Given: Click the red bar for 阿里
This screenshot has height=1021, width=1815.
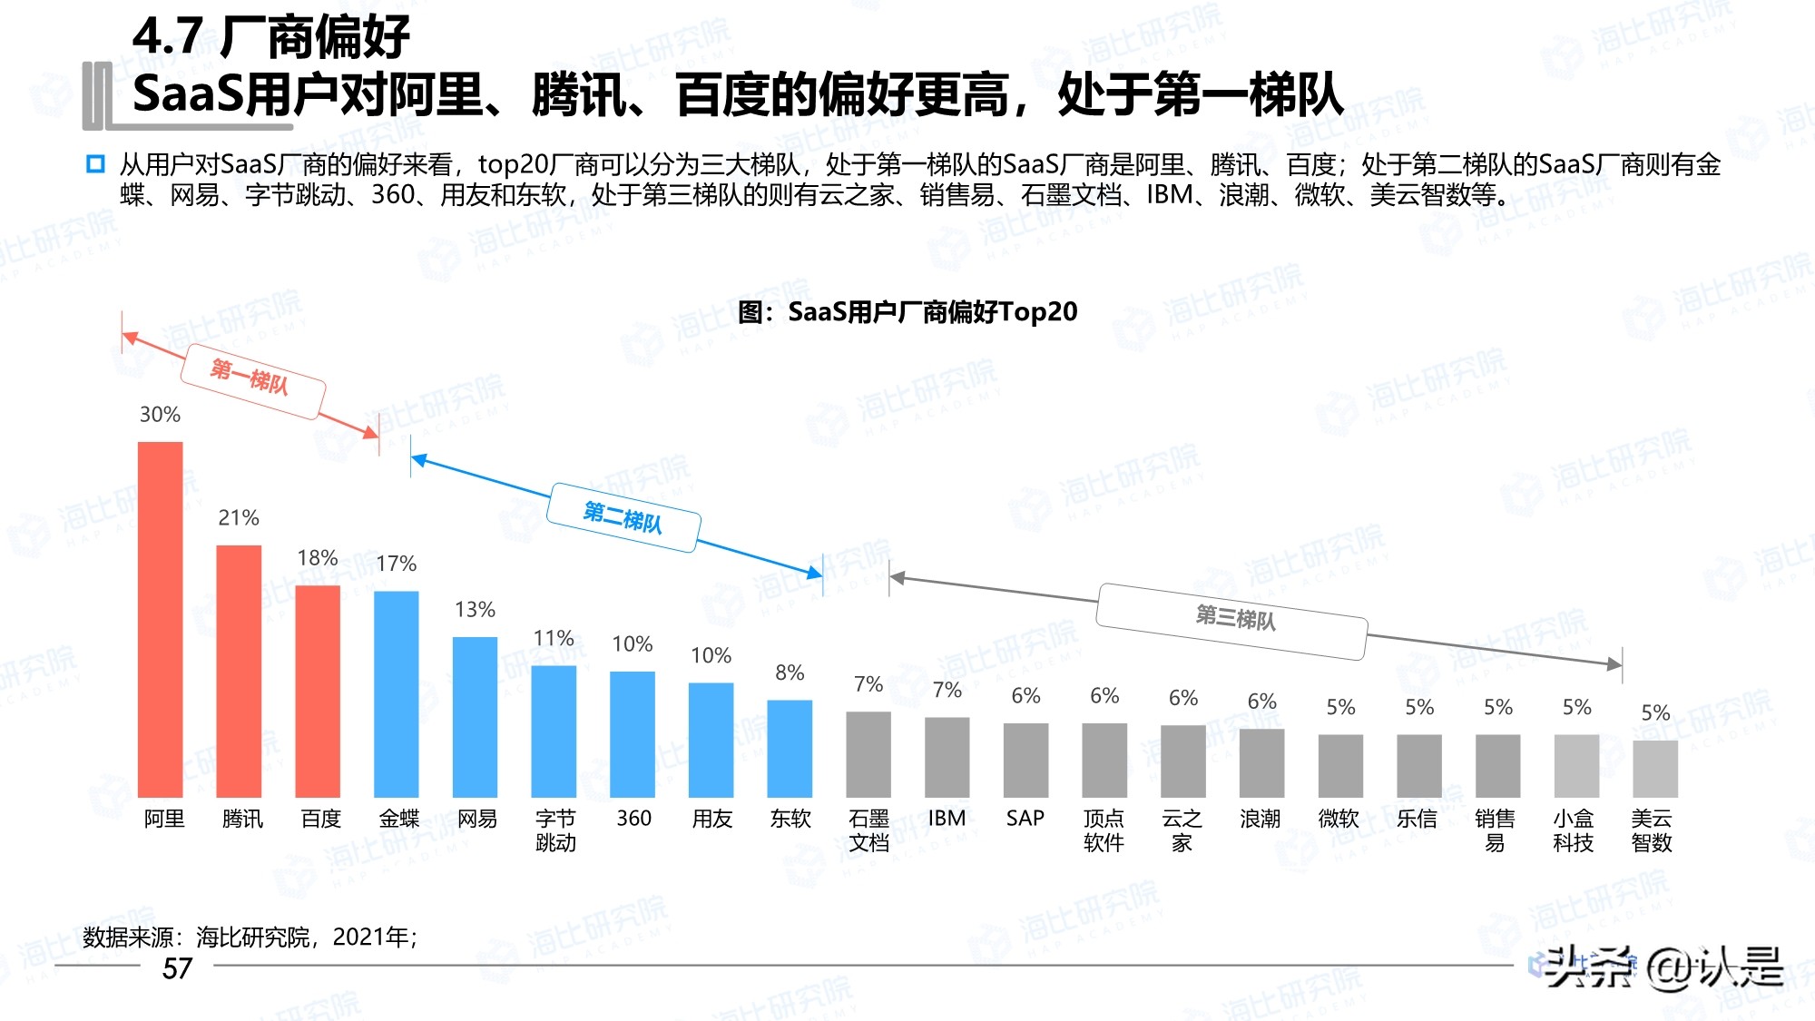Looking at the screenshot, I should tap(161, 620).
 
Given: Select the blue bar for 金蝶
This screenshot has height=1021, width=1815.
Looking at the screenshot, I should tap(397, 694).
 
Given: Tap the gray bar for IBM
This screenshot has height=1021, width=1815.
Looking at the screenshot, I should tap(947, 758).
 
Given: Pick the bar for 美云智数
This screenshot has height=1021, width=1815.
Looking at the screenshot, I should tap(1655, 769).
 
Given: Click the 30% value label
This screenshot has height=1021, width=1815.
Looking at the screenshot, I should tap(160, 415).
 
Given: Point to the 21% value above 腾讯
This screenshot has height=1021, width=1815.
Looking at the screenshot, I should tap(239, 518).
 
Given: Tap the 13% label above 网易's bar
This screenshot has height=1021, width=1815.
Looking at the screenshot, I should tap(475, 610).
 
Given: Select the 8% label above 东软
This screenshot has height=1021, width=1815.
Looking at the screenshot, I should tap(790, 673).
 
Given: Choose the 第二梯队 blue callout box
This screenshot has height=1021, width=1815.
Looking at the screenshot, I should tap(623, 517).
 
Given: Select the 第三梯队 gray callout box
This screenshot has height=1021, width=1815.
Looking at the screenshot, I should tap(1232, 621).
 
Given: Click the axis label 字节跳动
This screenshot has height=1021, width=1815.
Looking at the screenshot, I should tap(555, 830).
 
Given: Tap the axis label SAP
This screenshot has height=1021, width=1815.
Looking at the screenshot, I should tap(1025, 819).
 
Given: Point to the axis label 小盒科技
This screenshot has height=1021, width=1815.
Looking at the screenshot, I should tap(1574, 830).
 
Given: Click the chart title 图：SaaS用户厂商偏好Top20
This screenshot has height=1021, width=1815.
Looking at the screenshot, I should tap(907, 312).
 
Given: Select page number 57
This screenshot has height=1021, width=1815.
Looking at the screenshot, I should tap(177, 969).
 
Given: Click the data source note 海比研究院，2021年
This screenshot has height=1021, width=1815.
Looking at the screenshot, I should tap(250, 937).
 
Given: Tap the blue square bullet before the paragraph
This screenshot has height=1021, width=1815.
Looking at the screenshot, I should tap(95, 164).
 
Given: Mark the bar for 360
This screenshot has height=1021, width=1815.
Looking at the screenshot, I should tap(633, 734).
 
